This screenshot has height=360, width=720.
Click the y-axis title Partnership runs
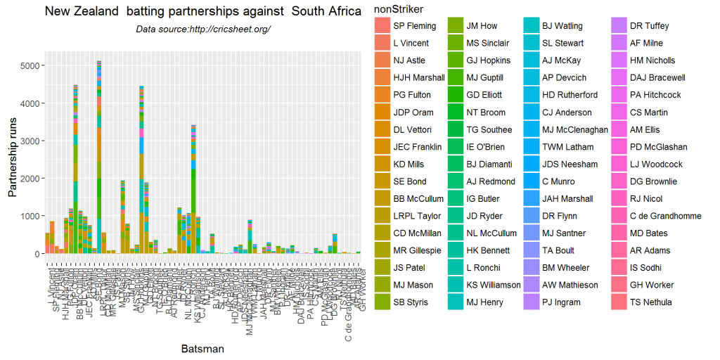(12, 157)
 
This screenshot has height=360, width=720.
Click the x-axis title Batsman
(203, 348)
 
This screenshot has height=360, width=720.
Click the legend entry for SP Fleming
(414, 26)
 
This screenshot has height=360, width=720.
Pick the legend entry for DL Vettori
(413, 129)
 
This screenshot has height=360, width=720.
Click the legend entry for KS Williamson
(493, 285)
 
